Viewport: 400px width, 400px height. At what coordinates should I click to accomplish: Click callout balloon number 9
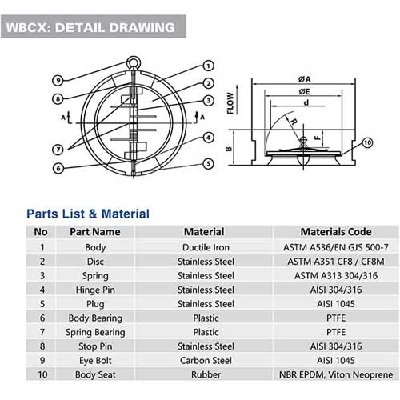tap(58, 80)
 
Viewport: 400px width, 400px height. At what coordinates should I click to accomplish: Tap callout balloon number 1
tap(208, 66)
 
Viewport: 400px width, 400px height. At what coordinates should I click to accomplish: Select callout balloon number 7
tap(58, 150)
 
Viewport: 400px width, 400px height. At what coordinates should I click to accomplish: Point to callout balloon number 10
tap(367, 143)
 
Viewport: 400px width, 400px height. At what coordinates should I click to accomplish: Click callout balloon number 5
tap(208, 163)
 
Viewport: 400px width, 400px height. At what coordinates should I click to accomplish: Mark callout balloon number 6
tap(58, 168)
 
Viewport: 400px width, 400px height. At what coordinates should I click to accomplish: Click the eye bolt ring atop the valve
tap(133, 63)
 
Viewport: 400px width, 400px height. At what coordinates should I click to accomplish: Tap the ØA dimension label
tap(304, 79)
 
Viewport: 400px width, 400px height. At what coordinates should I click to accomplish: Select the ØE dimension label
tap(304, 92)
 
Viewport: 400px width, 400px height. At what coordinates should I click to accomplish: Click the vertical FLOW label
tap(230, 103)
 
